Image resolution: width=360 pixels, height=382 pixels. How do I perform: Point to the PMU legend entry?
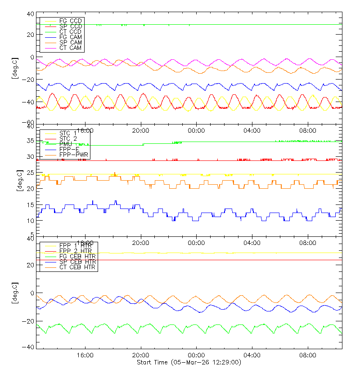click(67, 144)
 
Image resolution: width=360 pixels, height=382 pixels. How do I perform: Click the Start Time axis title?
click(189, 363)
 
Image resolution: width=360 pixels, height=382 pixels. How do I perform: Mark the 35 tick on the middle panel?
click(31, 141)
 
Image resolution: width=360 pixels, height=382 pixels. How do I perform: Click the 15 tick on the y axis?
click(31, 205)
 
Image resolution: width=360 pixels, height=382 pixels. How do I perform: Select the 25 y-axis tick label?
click(31, 173)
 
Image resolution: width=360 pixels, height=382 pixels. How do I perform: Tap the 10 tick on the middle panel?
click(31, 221)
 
